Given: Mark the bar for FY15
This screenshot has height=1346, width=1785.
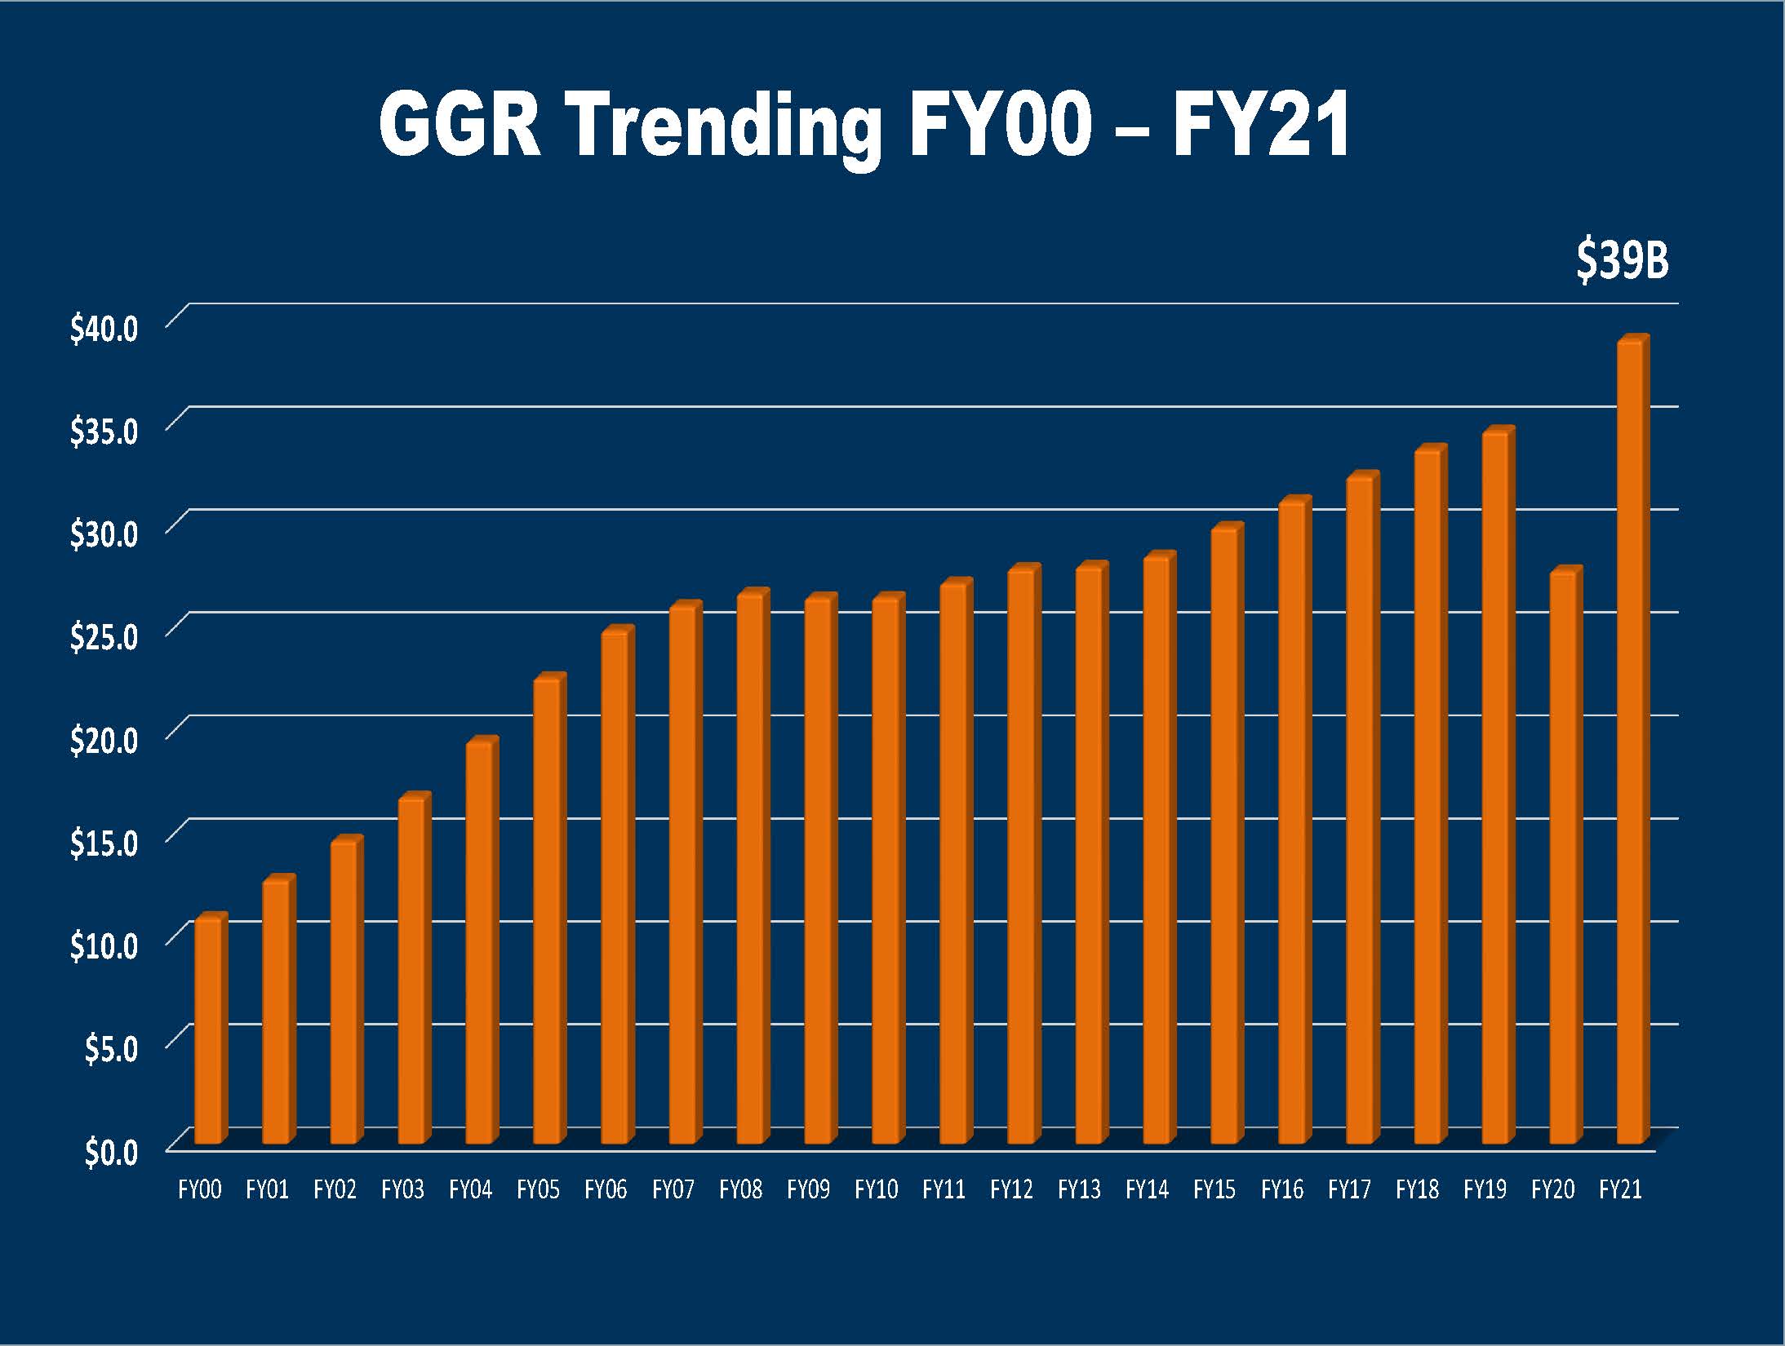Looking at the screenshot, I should click(x=1225, y=836).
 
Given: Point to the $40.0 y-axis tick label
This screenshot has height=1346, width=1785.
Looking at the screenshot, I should click(x=104, y=328).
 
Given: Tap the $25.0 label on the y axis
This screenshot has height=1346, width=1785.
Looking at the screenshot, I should click(x=104, y=636).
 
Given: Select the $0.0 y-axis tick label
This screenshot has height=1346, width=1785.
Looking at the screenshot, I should click(x=112, y=1152).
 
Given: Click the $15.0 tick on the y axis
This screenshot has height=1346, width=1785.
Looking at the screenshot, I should click(x=104, y=843).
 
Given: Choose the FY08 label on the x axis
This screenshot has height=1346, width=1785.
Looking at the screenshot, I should click(x=740, y=1190).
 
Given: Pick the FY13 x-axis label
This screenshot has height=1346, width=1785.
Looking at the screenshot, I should click(x=1079, y=1190).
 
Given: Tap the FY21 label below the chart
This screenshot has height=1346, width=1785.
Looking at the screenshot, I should click(x=1620, y=1190).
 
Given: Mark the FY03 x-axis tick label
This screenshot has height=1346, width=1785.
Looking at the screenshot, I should click(x=402, y=1190).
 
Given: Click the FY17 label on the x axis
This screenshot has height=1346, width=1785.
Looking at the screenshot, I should click(x=1349, y=1190).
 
